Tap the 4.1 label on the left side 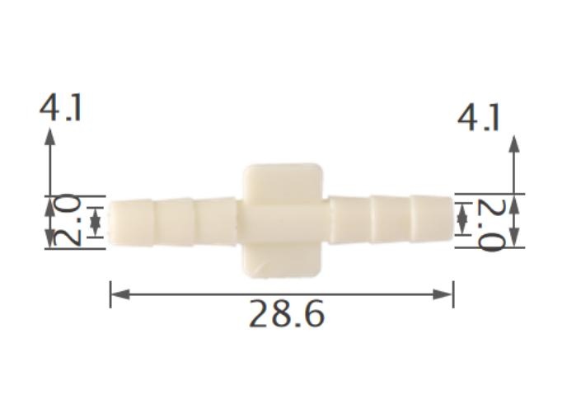[61, 108]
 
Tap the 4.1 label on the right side [479, 118]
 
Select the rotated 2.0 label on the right [491, 224]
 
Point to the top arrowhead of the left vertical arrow [50, 137]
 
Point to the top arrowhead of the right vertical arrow [515, 143]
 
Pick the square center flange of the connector [283, 219]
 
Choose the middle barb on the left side [174, 221]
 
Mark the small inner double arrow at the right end [462, 219]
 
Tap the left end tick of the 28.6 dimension [110, 294]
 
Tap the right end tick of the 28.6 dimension [453, 294]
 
